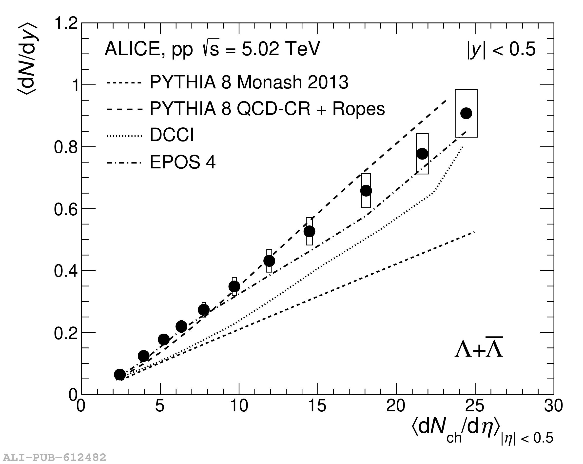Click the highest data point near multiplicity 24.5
point(466,113)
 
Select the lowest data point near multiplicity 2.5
point(120,374)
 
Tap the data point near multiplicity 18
point(366,191)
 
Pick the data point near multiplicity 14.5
point(309,231)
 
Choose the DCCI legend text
point(172,135)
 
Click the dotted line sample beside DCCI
point(124,136)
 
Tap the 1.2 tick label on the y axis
point(66,23)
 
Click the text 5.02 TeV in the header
point(281,49)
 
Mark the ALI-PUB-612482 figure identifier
point(54,457)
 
